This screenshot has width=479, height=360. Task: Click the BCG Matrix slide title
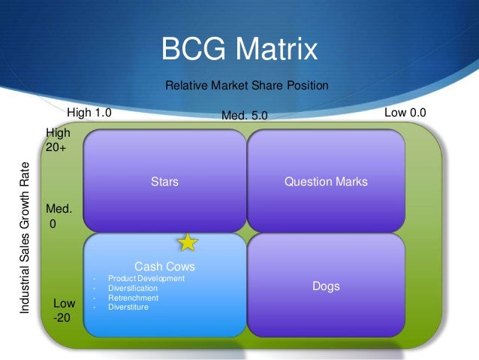[239, 50]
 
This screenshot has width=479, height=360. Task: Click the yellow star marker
[187, 242]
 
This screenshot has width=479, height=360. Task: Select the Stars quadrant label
[164, 181]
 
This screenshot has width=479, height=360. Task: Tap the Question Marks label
[326, 181]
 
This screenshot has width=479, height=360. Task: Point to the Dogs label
[326, 286]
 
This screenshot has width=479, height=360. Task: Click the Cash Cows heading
[164, 266]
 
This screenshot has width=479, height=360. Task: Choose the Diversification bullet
[133, 288]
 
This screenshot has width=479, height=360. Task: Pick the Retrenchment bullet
[131, 297]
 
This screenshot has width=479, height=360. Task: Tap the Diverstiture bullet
[128, 307]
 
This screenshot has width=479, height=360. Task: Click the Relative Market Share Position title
[247, 86]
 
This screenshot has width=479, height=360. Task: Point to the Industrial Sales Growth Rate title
[26, 237]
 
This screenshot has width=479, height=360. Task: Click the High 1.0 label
[89, 113]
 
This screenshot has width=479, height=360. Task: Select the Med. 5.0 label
[244, 116]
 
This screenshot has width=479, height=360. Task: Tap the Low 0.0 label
[405, 113]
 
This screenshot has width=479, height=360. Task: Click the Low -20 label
[64, 310]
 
